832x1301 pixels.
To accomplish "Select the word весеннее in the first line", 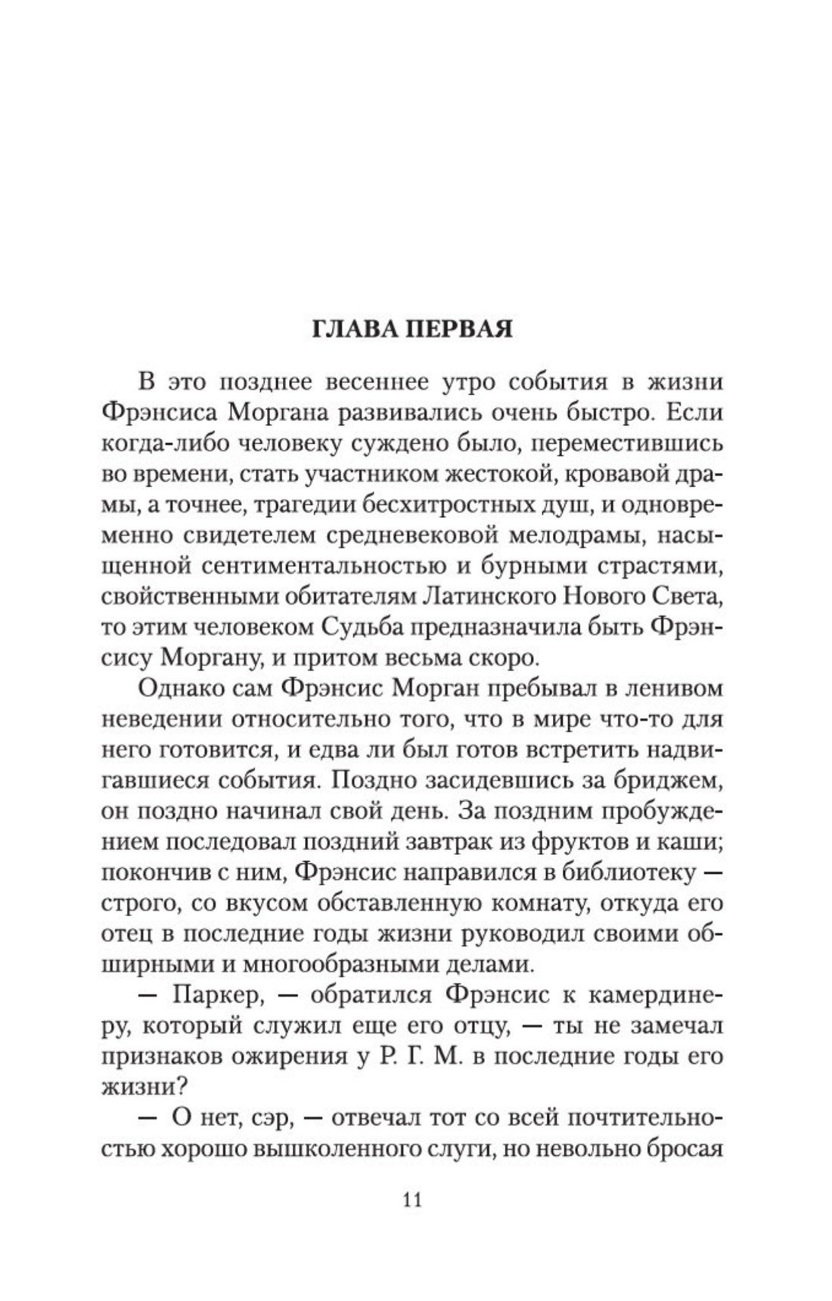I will pyautogui.click(x=371, y=382).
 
